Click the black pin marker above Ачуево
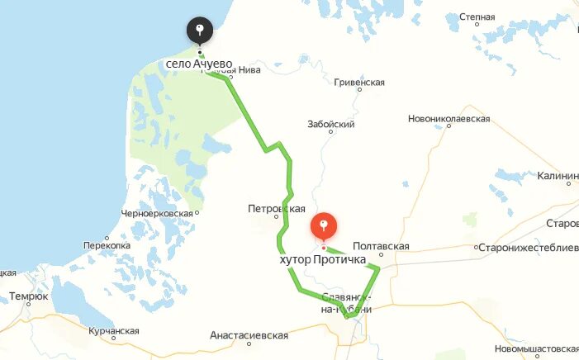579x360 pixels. pos(199,31)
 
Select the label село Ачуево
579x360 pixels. pos(198,64)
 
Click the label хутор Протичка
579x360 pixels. pos(322,260)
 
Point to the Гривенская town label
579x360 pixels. pos(359,83)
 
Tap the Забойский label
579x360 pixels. pos(330,125)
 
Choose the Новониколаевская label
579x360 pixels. pos(448,119)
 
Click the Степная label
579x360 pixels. pos(477,17)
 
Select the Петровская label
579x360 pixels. pos(277,209)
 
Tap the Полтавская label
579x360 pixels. pos(381,246)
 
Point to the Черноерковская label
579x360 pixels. pos(157,213)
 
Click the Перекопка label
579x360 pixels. pos(107,246)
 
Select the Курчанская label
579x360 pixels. pos(113,331)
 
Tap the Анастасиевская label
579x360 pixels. pos(249,335)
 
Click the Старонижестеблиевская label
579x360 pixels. pos(529,247)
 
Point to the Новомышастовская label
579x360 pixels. pos(538,348)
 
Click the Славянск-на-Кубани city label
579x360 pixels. pos(346,302)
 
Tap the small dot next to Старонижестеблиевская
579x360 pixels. pos(476,247)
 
